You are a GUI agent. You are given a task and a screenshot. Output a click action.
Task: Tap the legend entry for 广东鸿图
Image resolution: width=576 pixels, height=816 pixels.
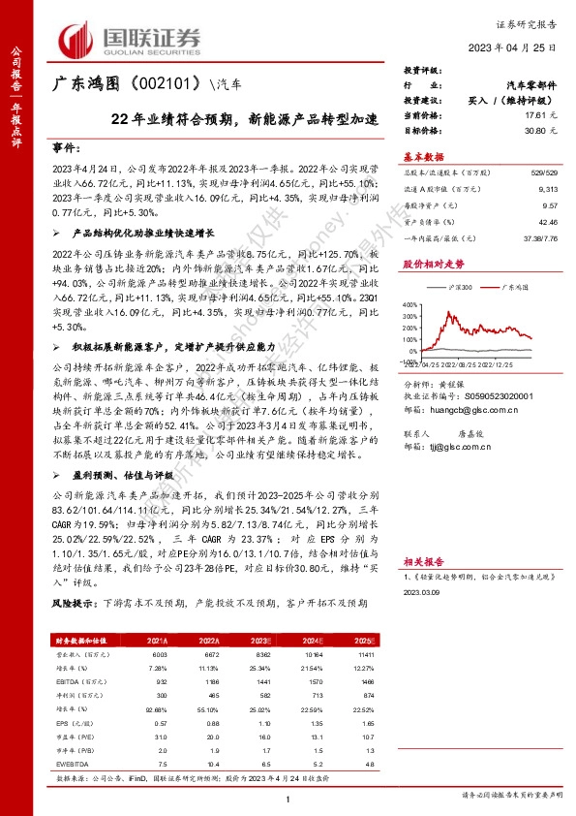click(513, 290)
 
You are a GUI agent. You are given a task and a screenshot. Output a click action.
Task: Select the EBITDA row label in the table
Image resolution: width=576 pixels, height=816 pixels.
click(72, 681)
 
